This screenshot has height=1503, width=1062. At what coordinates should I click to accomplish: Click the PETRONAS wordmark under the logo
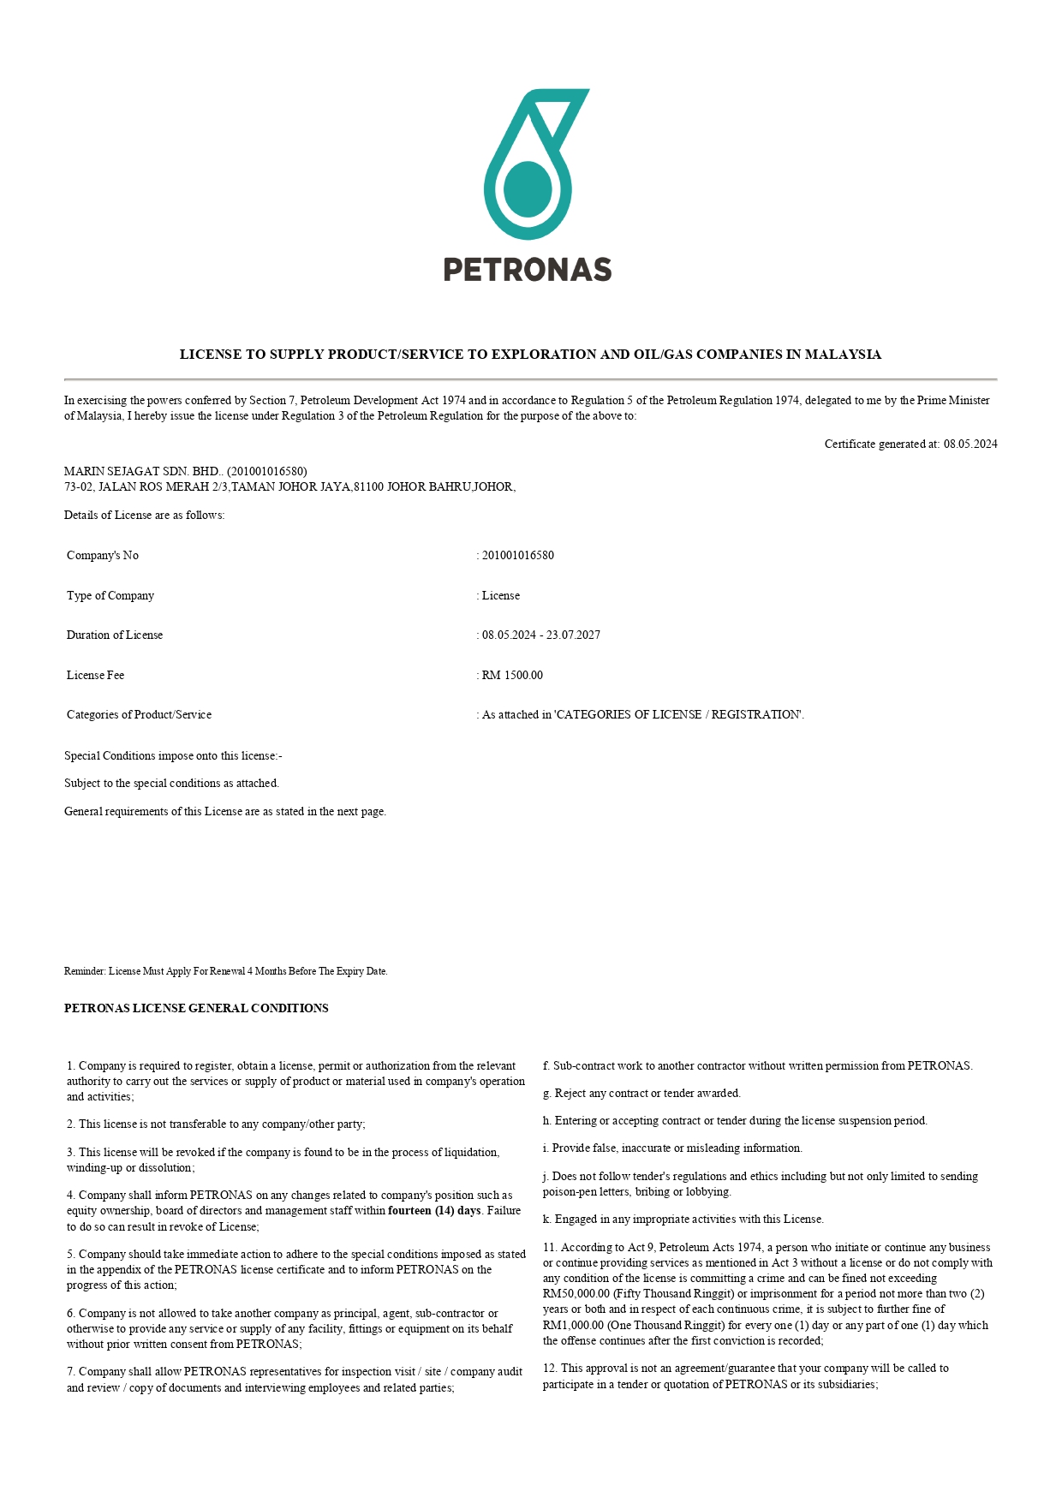(x=528, y=270)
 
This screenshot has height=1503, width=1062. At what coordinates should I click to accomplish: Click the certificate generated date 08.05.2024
(x=970, y=444)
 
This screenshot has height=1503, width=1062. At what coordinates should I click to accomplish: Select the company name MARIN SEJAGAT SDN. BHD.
(x=142, y=471)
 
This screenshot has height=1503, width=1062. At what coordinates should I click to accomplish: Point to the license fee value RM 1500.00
(x=512, y=675)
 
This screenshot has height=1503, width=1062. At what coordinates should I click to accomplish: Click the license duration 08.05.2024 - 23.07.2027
(x=541, y=635)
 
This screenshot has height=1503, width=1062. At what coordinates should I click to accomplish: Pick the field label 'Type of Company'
(x=110, y=595)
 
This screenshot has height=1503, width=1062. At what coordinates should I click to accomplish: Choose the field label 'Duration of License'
(x=115, y=635)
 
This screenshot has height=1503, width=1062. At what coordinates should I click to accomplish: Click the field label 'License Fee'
(x=95, y=675)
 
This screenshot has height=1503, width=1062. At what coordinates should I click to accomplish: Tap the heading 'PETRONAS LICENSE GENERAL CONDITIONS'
(x=196, y=1008)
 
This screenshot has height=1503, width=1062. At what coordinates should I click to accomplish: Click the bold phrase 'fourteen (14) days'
(x=434, y=1210)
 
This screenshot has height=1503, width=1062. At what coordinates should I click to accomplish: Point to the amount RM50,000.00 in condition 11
(x=576, y=1293)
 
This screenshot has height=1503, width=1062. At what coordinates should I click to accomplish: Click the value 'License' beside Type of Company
(x=501, y=595)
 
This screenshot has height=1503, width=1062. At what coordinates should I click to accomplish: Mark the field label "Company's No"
(x=103, y=555)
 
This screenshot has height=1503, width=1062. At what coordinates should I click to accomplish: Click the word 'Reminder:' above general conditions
(x=85, y=971)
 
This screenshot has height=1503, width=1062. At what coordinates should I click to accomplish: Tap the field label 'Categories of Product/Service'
(x=139, y=714)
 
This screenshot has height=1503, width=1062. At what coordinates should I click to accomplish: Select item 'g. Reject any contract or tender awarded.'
(x=641, y=1093)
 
